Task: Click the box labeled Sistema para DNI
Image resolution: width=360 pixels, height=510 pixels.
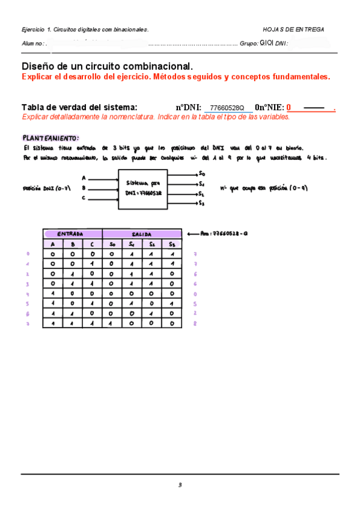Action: (143, 189)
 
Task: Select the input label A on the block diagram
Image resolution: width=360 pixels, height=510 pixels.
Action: (84, 178)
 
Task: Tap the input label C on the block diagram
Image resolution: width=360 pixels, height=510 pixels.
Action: (84, 198)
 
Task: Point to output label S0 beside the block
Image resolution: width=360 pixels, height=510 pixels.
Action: (202, 174)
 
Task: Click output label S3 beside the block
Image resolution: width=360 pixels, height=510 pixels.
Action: (202, 204)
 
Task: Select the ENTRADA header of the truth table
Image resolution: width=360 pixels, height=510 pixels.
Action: (72, 234)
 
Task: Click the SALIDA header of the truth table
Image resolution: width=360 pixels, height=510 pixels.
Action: (142, 234)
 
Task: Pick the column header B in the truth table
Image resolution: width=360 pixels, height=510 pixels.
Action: (72, 244)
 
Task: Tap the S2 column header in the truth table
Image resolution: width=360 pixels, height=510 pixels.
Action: (151, 244)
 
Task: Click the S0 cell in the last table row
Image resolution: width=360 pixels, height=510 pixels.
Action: (112, 323)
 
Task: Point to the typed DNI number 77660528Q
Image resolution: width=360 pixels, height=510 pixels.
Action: (227, 108)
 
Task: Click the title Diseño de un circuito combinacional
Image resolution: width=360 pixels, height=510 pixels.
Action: (107, 66)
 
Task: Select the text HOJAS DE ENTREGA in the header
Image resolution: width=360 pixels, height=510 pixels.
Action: (293, 29)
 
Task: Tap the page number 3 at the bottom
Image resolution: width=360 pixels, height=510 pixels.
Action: (180, 485)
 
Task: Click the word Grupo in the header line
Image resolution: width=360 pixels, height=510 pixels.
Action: (248, 43)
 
